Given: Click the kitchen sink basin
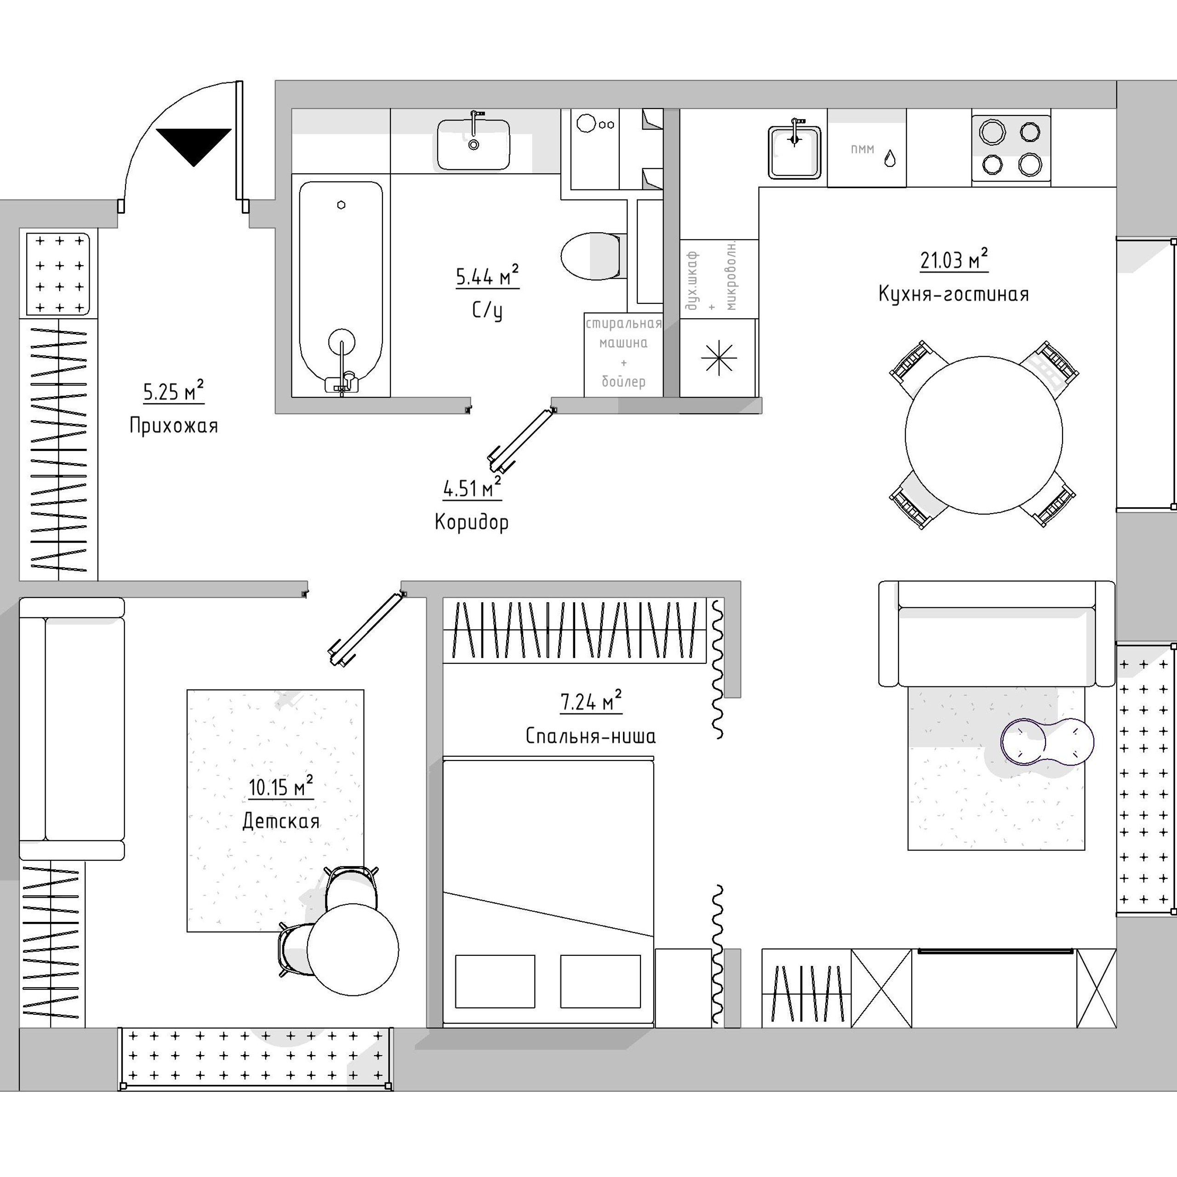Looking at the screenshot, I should coord(794,152).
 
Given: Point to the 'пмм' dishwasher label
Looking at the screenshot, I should coord(862,149).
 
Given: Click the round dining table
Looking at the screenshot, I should coord(983,435).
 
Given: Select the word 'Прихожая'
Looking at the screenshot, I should coord(174,425).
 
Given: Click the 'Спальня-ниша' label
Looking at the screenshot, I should coord(590,736).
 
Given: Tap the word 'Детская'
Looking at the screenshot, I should coord(281,821).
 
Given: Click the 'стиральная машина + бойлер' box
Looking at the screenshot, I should coord(623,354).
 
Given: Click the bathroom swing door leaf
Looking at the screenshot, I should coord(521,440).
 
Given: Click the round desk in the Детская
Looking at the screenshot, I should coord(353,948).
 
